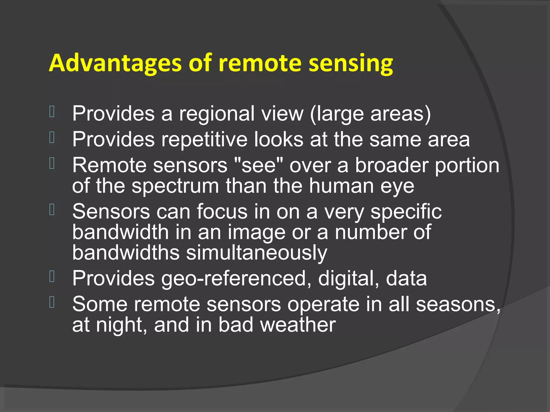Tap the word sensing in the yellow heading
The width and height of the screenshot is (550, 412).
pos(351,64)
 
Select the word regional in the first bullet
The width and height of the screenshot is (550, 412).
pos(217,114)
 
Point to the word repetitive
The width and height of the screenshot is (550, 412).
pos(204,139)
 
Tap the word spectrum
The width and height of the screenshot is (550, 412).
pos(175,186)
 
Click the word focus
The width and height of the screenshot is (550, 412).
pos(222,212)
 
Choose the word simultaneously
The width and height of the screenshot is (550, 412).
pos(256,253)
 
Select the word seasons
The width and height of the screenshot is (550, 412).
pos(458,305)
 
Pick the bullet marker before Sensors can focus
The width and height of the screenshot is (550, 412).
pos(52,209)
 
